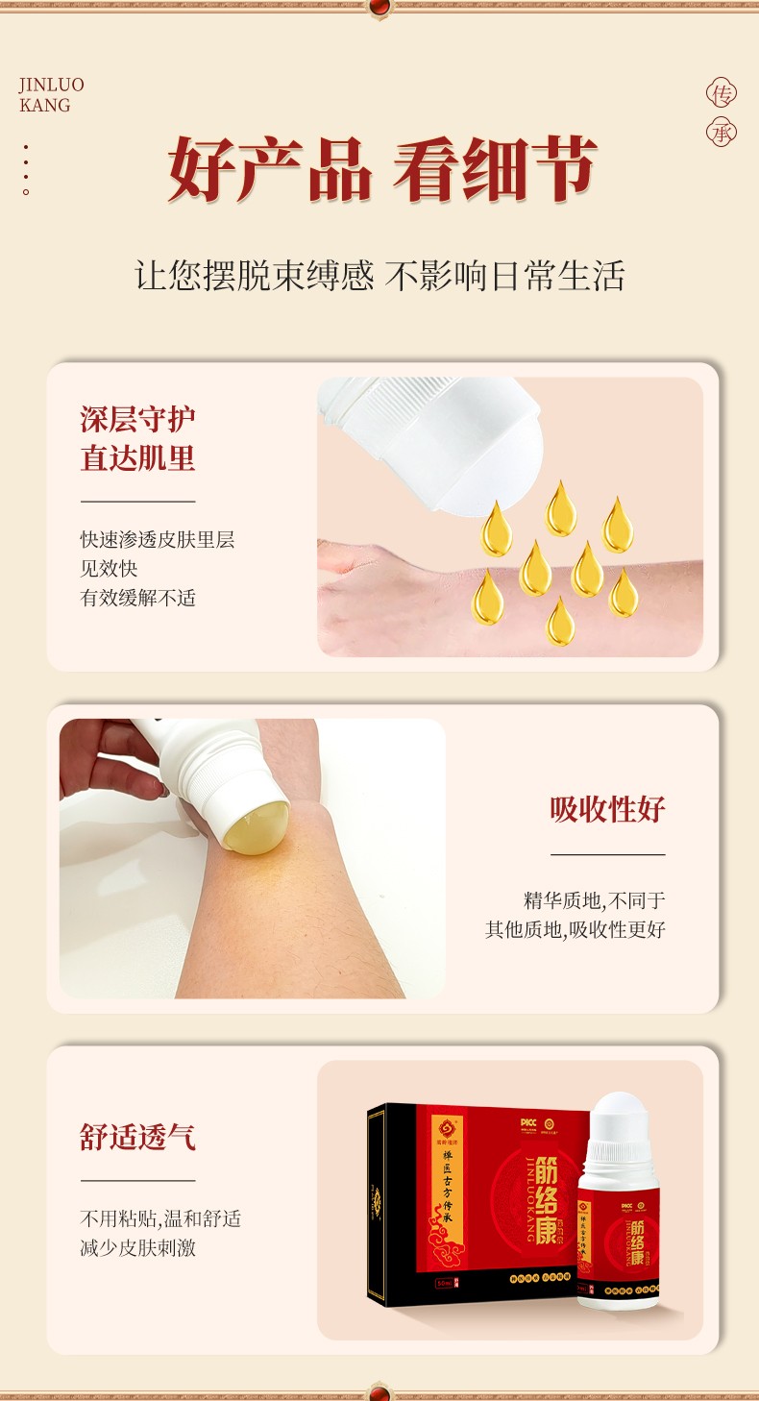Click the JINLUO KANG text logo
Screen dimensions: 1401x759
(x=51, y=95)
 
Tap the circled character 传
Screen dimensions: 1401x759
(x=721, y=93)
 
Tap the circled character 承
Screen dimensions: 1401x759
(x=721, y=133)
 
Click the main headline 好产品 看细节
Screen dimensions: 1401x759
(x=381, y=169)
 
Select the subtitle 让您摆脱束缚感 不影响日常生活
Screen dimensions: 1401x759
(x=379, y=276)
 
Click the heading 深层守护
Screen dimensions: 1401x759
(x=137, y=419)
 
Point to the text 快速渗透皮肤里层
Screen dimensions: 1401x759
(x=157, y=539)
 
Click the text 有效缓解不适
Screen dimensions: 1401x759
(x=137, y=597)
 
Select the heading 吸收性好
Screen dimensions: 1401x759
(x=607, y=809)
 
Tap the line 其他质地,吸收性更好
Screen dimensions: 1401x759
(x=575, y=929)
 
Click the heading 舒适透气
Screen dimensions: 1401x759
(x=137, y=1137)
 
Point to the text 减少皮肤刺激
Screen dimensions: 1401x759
(x=137, y=1248)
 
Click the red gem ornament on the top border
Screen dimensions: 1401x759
(x=380, y=8)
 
